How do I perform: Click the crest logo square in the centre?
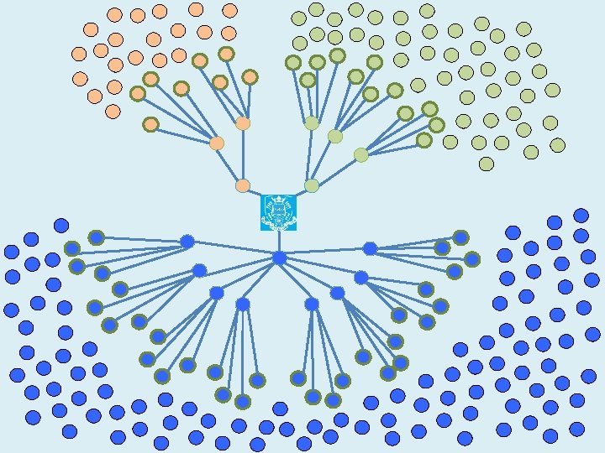click(x=278, y=212)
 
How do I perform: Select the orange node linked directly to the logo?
click(x=243, y=185)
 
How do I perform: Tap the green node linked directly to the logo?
click(x=312, y=185)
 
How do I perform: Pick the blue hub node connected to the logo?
click(x=279, y=258)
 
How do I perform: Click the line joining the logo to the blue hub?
click(x=279, y=242)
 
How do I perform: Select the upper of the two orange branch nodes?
click(x=243, y=123)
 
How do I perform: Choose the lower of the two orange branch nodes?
click(x=217, y=143)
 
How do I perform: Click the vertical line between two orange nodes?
click(x=243, y=155)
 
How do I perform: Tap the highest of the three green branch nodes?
click(x=312, y=123)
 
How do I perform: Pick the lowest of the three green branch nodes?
click(x=361, y=154)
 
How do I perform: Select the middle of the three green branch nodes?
click(x=335, y=136)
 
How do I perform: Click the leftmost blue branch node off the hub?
click(x=187, y=242)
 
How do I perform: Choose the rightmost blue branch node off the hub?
click(x=370, y=248)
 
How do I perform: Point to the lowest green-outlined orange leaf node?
click(x=150, y=124)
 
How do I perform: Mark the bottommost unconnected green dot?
click(x=486, y=164)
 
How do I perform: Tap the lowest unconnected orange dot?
click(x=113, y=111)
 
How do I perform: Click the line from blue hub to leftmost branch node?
click(x=233, y=250)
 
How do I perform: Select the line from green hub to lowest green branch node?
click(x=336, y=170)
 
